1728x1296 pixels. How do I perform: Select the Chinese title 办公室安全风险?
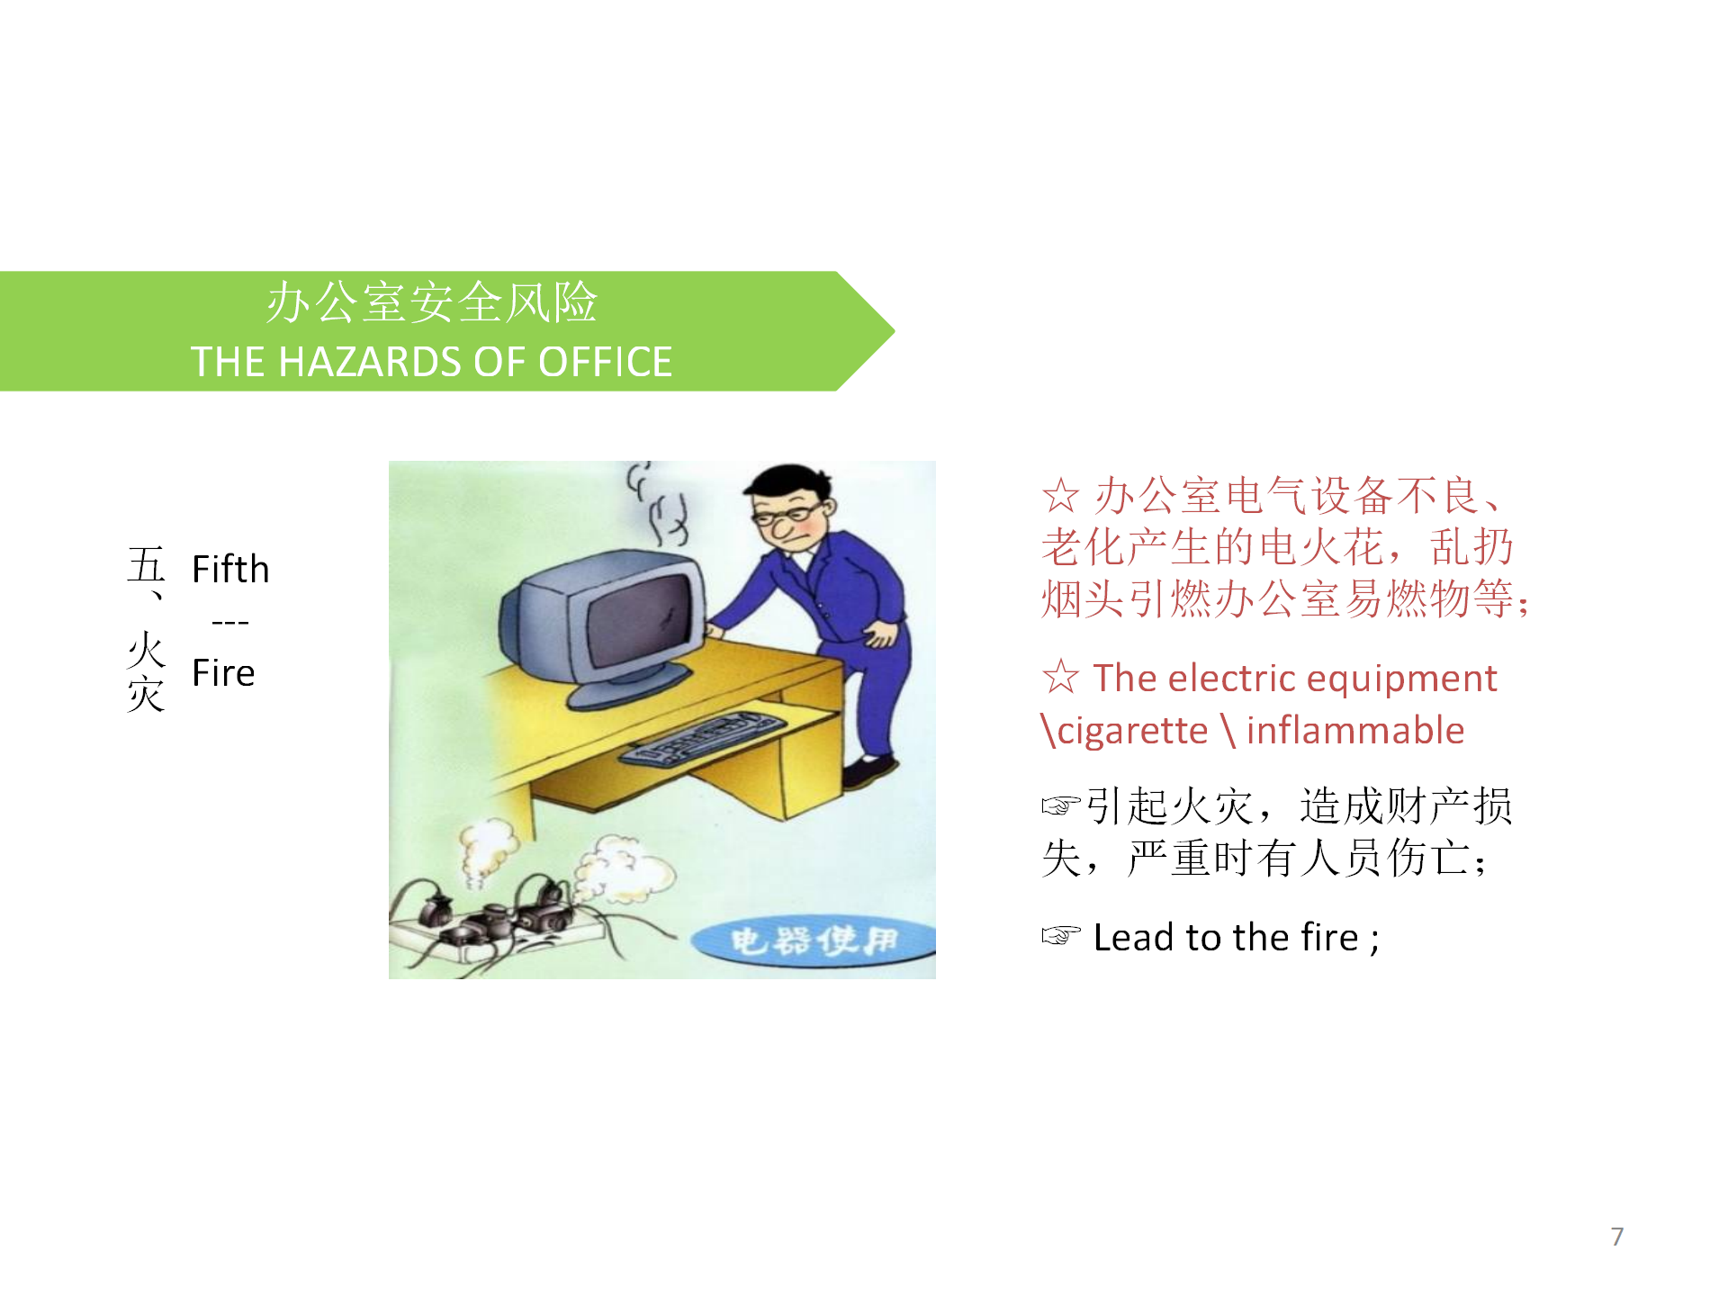pos(431,302)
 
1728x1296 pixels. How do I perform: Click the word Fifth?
pos(230,569)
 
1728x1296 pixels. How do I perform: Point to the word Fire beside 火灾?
pos(223,672)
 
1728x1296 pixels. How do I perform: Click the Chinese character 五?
pos(146,565)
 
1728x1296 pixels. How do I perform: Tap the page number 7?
pos(1617,1237)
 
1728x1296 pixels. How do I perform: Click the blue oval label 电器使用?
pos(814,942)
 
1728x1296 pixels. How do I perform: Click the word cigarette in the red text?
pos(1132,730)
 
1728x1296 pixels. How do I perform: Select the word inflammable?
pos(1355,730)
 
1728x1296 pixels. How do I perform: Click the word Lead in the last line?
pos(1134,937)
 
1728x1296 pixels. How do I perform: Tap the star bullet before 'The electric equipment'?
pos(1061,677)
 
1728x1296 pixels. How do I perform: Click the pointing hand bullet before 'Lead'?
pos(1061,936)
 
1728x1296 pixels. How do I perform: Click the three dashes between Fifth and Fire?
pos(230,622)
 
